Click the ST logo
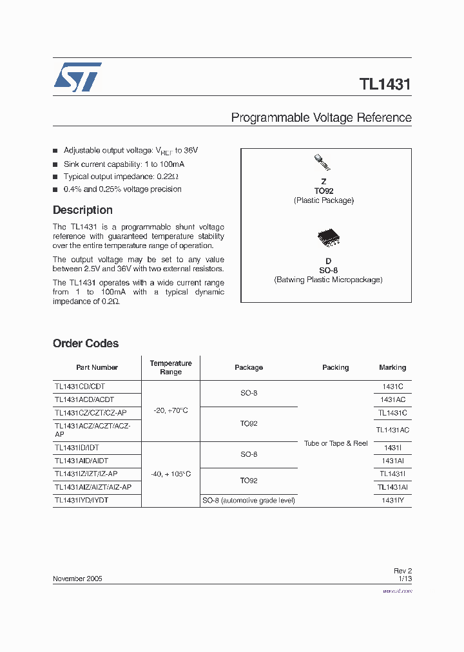coord(77,77)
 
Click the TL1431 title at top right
coord(385,84)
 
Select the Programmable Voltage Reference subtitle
coord(321,118)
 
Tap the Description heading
coord(82,210)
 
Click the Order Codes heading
coord(86,343)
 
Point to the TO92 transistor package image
coord(320,162)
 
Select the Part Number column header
coord(97,367)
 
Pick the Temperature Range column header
coord(171,367)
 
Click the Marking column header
coord(392,367)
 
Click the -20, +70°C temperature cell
coord(171,410)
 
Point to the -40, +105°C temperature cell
coord(171,474)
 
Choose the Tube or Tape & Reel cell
coord(336,443)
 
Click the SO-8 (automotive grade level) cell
coord(249,500)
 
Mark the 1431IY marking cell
coord(392,500)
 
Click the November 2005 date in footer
coord(77,579)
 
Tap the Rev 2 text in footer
coord(402,571)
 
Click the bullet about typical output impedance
coord(121,177)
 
